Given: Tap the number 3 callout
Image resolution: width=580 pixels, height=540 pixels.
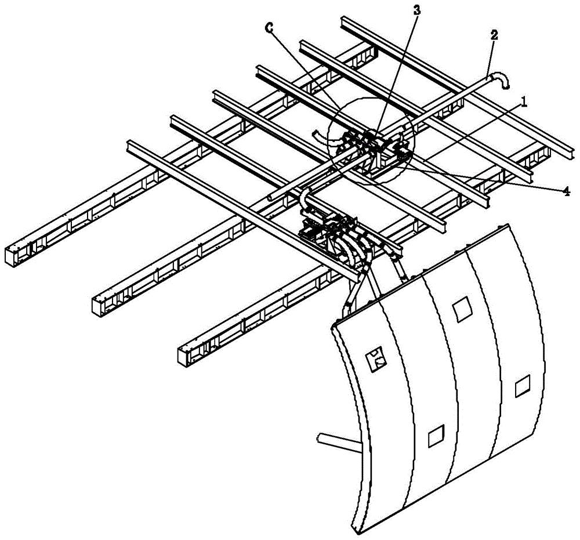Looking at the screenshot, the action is click(x=416, y=10).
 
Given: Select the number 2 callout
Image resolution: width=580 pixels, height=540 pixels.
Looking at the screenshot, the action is click(x=494, y=35).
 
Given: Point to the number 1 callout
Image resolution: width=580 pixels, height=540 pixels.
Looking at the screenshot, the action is click(x=524, y=102).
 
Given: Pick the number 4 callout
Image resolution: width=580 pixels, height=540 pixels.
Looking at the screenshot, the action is click(x=566, y=191).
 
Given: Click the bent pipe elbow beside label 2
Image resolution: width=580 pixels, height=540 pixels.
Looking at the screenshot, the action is click(x=500, y=79).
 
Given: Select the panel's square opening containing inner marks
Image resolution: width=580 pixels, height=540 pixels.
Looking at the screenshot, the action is click(x=376, y=358).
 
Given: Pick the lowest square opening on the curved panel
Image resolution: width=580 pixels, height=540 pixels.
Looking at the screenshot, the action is click(x=437, y=436).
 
